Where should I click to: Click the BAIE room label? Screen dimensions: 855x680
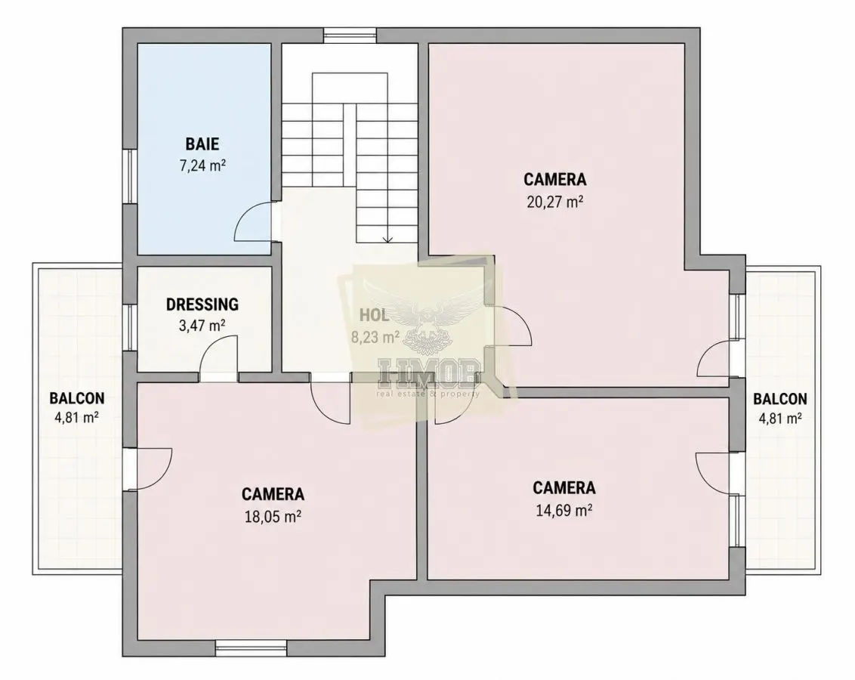(202, 144)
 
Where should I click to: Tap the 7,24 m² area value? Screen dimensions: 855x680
(203, 165)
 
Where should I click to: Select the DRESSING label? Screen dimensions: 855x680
(202, 304)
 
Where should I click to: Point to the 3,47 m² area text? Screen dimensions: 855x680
(202, 326)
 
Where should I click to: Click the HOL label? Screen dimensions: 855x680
(374, 315)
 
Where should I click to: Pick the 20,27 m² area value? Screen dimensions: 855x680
(555, 202)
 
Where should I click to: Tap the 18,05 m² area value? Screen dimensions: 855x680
(273, 516)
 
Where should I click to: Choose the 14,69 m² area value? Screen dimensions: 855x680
(564, 510)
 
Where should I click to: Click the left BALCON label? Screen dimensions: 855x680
(77, 398)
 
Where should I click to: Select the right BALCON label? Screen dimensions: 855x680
(780, 399)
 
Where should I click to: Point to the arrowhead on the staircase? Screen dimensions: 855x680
(387, 239)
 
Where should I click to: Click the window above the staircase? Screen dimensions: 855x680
(350, 36)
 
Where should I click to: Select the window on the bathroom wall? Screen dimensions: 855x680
(130, 177)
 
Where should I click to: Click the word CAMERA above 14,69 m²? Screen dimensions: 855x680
(564, 487)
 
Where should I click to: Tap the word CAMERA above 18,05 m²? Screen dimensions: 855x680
(273, 494)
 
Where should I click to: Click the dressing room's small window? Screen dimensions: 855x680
(130, 327)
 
